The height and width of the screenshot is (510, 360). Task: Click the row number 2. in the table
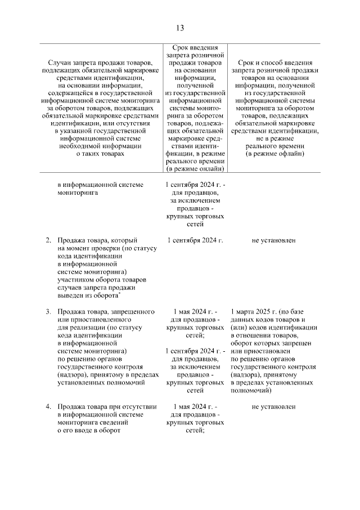tap(48, 240)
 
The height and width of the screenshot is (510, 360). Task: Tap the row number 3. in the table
tap(48, 311)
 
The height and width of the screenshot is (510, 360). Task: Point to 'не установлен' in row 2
tap(273, 240)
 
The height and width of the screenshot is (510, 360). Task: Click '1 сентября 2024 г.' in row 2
tap(195, 240)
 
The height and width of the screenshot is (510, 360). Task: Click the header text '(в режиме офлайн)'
tap(273, 154)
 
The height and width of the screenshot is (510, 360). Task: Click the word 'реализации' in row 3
tap(87, 327)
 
